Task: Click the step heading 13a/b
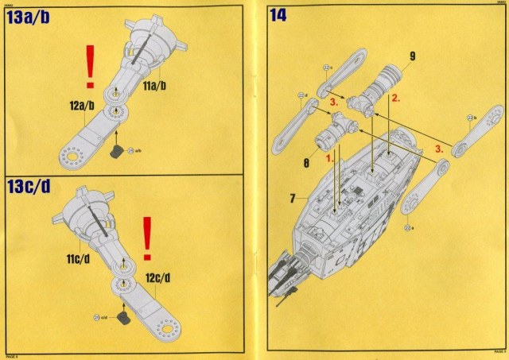[x=36, y=17]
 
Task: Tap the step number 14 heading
[x=279, y=15]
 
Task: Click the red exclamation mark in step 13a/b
[x=90, y=65]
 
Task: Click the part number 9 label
[x=412, y=56]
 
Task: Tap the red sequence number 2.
[x=394, y=99]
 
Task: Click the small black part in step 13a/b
[x=118, y=149]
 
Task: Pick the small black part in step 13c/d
[x=124, y=317]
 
